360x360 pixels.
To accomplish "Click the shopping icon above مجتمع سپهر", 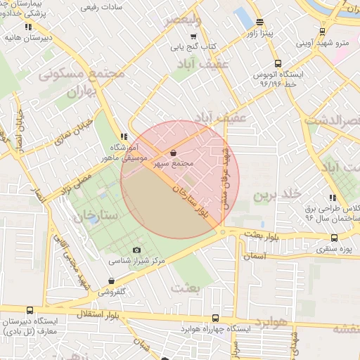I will click(x=174, y=153).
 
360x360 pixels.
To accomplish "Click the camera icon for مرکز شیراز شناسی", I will click(x=136, y=250).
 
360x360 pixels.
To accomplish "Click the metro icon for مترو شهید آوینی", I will click(x=321, y=31).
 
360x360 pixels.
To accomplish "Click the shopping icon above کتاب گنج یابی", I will click(x=193, y=37).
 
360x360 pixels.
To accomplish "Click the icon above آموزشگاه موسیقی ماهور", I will click(x=124, y=136).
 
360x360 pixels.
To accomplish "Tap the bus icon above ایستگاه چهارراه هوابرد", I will click(x=214, y=318).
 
